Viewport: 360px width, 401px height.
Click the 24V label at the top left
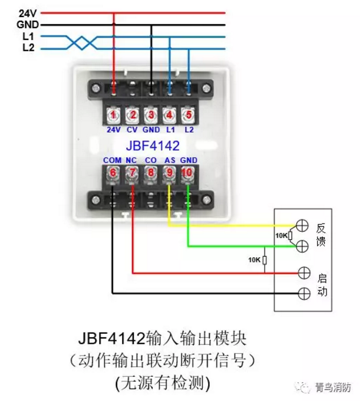pos(28,12)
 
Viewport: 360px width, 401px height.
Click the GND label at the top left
pos(28,25)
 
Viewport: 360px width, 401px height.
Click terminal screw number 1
pos(113,114)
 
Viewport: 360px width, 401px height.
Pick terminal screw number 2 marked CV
pos(133,114)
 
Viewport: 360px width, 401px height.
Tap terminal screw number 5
pos(189,114)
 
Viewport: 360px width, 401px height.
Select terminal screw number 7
pos(133,173)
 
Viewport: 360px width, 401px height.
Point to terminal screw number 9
pos(170,173)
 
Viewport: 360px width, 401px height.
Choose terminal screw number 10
pos(188,173)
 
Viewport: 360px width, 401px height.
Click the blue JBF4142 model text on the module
pos(151,144)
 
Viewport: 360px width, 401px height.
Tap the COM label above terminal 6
pos(112,160)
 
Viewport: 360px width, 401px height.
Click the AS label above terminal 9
pos(170,160)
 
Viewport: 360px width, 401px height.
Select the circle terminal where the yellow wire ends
pos(303,225)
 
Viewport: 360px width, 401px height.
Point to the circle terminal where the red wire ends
pos(303,272)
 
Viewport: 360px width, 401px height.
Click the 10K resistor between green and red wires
pos(265,260)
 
